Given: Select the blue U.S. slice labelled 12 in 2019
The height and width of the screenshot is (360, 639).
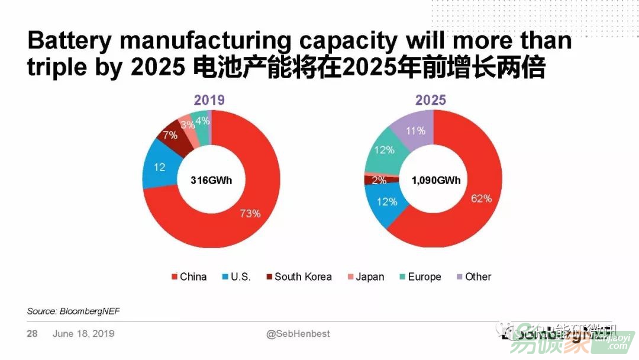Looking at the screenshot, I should coord(160,168).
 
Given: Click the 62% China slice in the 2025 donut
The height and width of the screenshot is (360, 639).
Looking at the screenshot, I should coord(473,195).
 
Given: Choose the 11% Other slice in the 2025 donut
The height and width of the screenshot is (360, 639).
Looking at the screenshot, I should coord(417,129).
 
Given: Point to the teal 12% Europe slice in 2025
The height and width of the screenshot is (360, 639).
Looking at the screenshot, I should coord(385,151).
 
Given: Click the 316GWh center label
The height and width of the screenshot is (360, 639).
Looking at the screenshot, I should coord(211,180).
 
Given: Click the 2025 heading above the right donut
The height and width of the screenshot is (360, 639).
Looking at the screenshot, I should coord(431,100).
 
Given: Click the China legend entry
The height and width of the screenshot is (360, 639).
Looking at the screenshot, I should coord(189,277).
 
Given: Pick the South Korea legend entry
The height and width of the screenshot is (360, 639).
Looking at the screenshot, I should coord(299,277).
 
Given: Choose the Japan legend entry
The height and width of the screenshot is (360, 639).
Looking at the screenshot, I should coord(366,277).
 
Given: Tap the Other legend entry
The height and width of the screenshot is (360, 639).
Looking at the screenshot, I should coord(474,277).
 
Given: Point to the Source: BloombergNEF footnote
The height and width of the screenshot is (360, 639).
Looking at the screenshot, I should coord(73,311).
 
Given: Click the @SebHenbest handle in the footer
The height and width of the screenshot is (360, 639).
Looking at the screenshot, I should coord(298,334).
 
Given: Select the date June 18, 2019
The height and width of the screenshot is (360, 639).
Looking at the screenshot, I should coord(83,334).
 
